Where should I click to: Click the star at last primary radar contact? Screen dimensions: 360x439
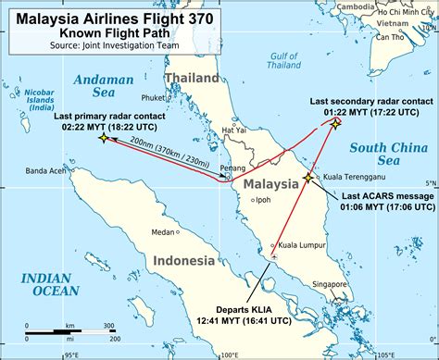tap(103, 138)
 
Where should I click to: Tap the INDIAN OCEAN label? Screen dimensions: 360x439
tap(54, 283)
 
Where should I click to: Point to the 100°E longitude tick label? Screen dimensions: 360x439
tap(229, 354)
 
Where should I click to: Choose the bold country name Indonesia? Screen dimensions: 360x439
tap(184, 260)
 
